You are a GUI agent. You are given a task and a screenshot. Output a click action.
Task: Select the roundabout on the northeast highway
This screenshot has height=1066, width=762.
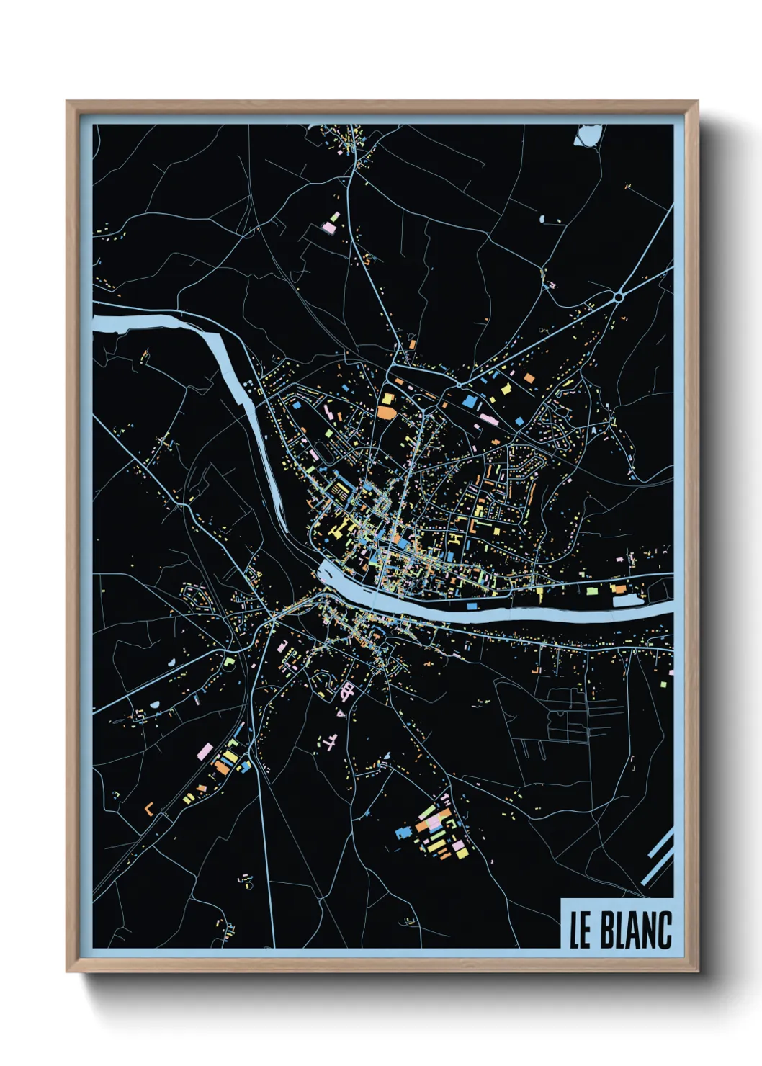[618, 295]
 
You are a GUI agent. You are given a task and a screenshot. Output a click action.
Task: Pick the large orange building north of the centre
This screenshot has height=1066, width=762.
[387, 412]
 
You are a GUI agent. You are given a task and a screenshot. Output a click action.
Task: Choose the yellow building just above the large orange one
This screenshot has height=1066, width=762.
[387, 398]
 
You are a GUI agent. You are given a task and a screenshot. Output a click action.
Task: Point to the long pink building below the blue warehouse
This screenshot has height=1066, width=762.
[488, 418]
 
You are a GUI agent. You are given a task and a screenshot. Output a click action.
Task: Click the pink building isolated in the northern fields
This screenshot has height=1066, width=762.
[328, 228]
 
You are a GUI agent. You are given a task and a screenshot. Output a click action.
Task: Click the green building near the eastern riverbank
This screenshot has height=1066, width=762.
[592, 590]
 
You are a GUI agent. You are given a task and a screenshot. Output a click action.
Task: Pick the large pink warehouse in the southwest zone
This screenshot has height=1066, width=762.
[205, 752]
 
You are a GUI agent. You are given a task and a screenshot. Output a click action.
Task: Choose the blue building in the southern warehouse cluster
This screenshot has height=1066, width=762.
[403, 833]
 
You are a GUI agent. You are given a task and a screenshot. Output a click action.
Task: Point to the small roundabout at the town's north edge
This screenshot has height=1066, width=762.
[458, 385]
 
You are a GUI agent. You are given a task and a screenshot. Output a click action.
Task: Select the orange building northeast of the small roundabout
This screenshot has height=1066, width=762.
[529, 378]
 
